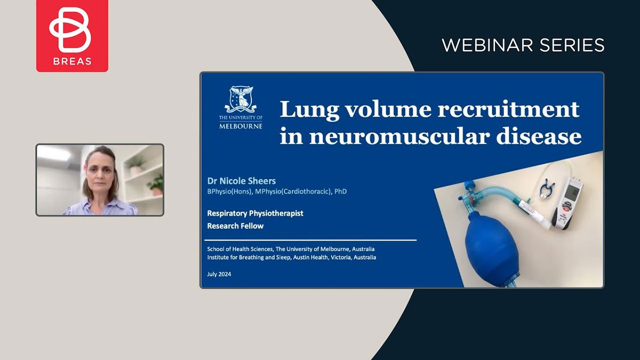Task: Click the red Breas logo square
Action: [x=72, y=36]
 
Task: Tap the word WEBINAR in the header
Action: [x=487, y=45]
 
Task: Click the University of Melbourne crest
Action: [x=241, y=99]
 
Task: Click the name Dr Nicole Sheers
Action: [x=242, y=181]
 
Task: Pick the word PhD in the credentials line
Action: [x=341, y=191]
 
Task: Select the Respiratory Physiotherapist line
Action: [x=255, y=213]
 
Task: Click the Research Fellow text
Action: [x=235, y=226]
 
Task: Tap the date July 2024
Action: [x=219, y=274]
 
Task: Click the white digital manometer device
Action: [x=567, y=203]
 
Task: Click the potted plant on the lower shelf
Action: [x=156, y=185]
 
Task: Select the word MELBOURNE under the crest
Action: [x=241, y=126]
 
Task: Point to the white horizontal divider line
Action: [x=310, y=241]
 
